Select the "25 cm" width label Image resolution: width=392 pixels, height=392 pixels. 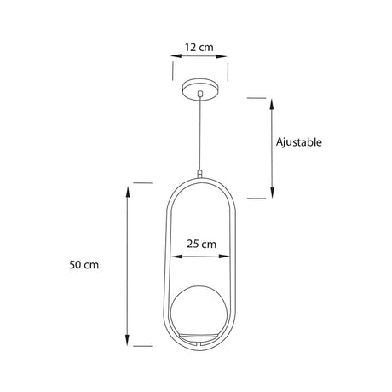[200, 244]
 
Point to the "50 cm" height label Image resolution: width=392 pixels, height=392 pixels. [85, 265]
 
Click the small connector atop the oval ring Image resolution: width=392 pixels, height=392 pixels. [200, 174]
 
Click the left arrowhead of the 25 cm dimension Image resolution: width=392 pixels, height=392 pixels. [174, 256]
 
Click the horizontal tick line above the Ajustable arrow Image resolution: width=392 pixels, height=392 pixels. [257, 97]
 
